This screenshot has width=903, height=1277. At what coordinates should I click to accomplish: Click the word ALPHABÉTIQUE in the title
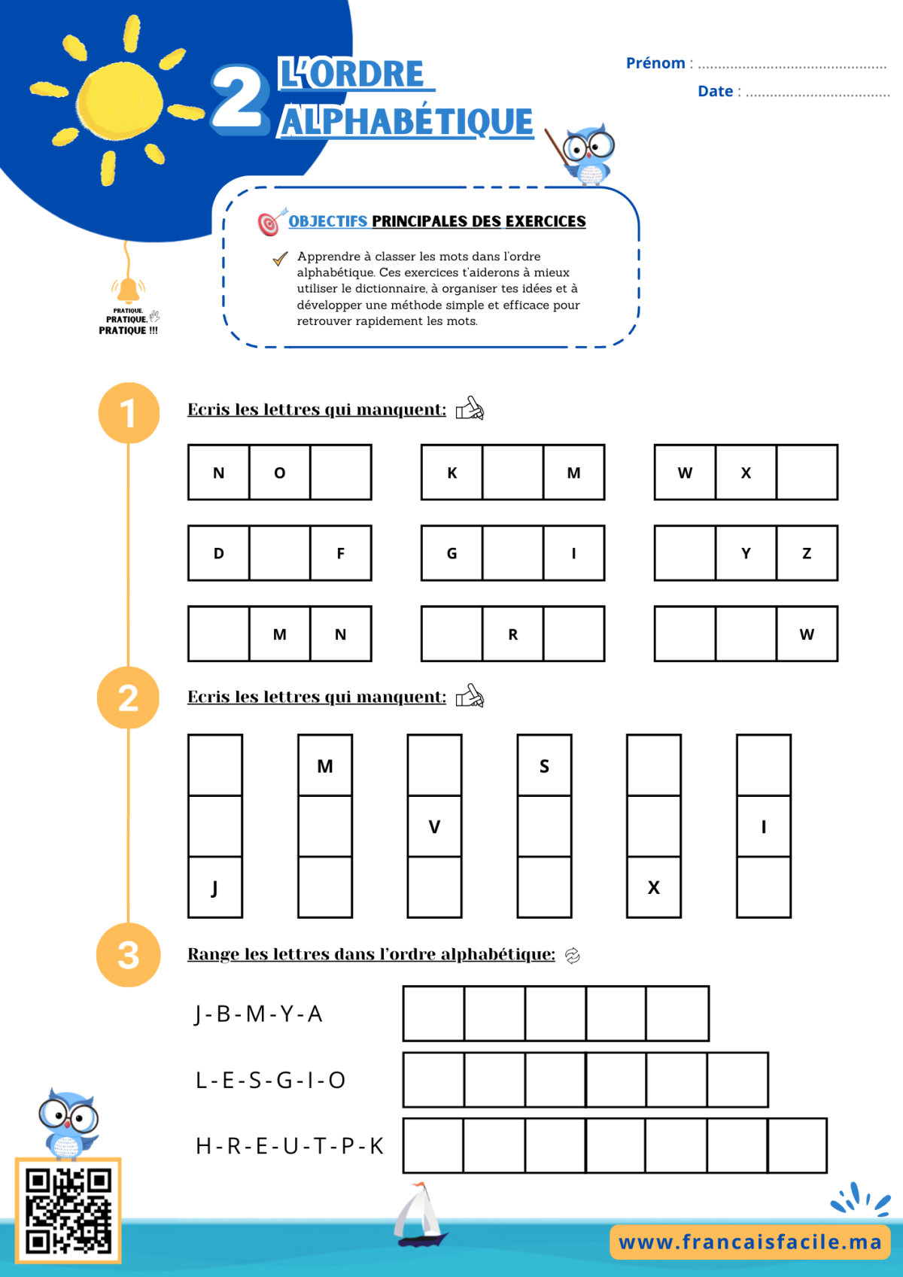tap(406, 121)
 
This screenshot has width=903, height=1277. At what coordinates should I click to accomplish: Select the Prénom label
tap(655, 62)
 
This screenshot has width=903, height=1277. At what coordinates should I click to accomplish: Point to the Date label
tap(715, 91)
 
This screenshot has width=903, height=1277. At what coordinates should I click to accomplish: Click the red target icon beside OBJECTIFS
tap(272, 222)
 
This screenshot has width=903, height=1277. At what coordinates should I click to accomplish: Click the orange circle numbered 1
tap(129, 412)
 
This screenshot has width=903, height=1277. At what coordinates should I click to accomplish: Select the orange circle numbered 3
tap(128, 954)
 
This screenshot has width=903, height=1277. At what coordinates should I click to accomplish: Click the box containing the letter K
tap(451, 473)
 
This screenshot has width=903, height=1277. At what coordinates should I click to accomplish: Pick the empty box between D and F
tap(280, 553)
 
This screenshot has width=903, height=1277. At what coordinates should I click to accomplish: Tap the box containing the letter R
tap(513, 634)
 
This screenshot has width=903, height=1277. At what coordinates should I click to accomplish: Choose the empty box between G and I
tap(513, 553)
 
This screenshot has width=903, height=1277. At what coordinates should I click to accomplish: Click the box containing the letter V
tap(434, 826)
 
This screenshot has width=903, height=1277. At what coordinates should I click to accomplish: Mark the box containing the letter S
tap(544, 765)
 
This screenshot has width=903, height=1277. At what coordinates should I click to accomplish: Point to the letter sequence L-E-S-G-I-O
tap(271, 1081)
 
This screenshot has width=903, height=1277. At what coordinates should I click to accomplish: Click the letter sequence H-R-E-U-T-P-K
tap(290, 1146)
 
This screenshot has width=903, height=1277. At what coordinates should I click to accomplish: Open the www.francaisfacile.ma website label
tap(749, 1242)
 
